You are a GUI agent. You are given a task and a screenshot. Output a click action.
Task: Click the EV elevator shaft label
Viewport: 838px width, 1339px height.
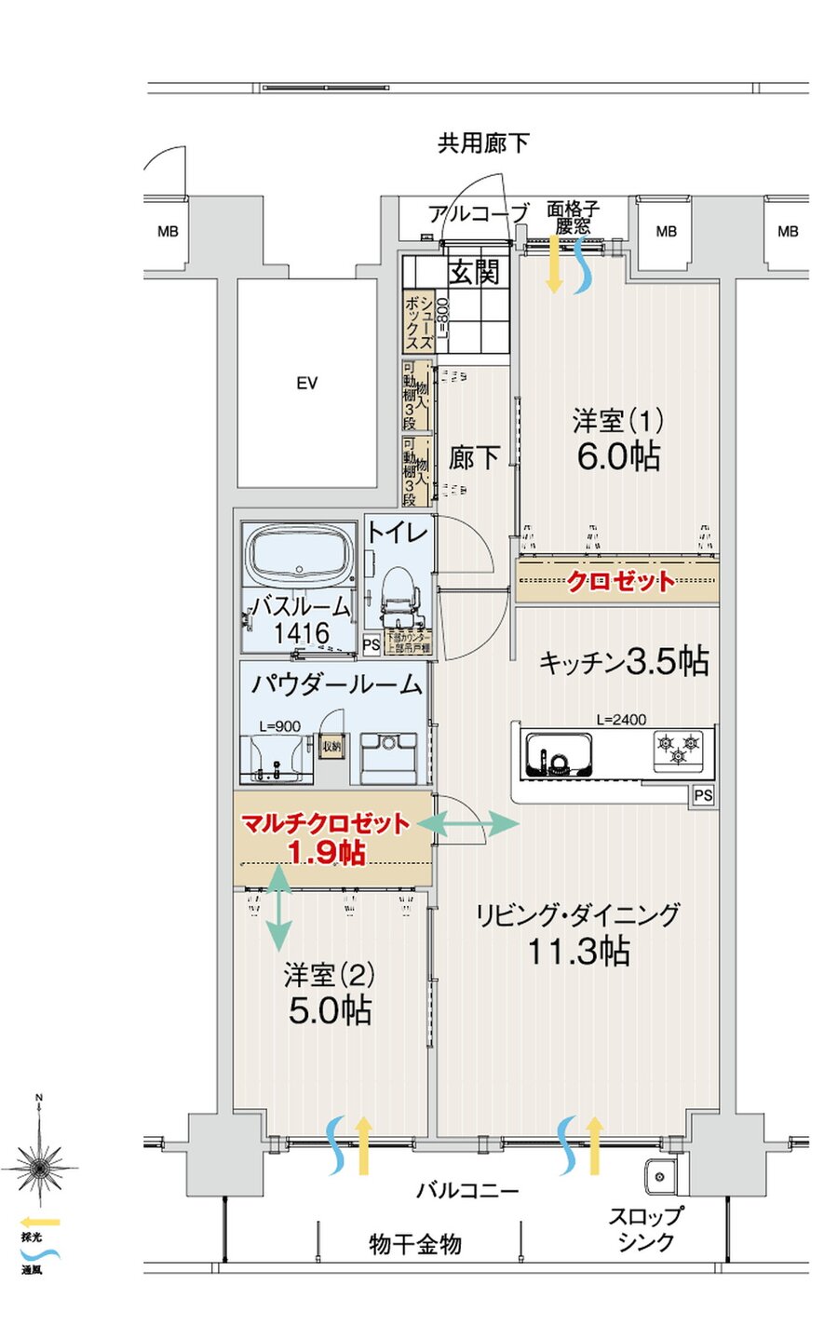pos(307,383)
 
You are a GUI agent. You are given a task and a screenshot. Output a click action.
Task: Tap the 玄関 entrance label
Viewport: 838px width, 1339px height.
pos(475,272)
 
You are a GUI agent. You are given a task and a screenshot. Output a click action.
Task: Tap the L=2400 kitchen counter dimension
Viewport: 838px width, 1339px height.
pos(621,719)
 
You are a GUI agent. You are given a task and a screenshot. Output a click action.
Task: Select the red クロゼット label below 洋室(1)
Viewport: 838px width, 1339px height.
pos(621,582)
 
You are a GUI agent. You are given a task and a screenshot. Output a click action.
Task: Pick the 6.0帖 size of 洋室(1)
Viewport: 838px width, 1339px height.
pos(618,456)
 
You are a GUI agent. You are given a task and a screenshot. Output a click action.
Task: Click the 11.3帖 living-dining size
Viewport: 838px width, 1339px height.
pos(578,952)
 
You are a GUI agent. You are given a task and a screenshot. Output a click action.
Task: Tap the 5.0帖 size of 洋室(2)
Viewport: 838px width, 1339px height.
pos(330,1010)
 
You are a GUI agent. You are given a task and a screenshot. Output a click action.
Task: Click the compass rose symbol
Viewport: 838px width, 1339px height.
pos(38,1164)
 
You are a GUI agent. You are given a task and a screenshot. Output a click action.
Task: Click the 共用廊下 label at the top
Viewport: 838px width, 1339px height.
pos(483,142)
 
